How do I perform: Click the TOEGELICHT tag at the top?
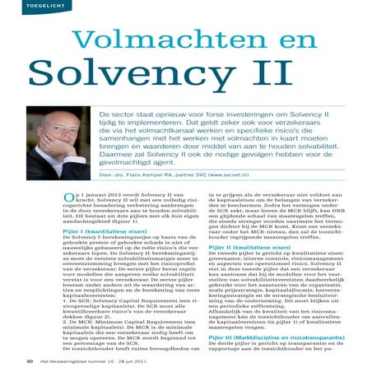pyautogui.click(x=27, y=6)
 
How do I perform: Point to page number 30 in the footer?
pyautogui.click(x=30, y=360)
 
